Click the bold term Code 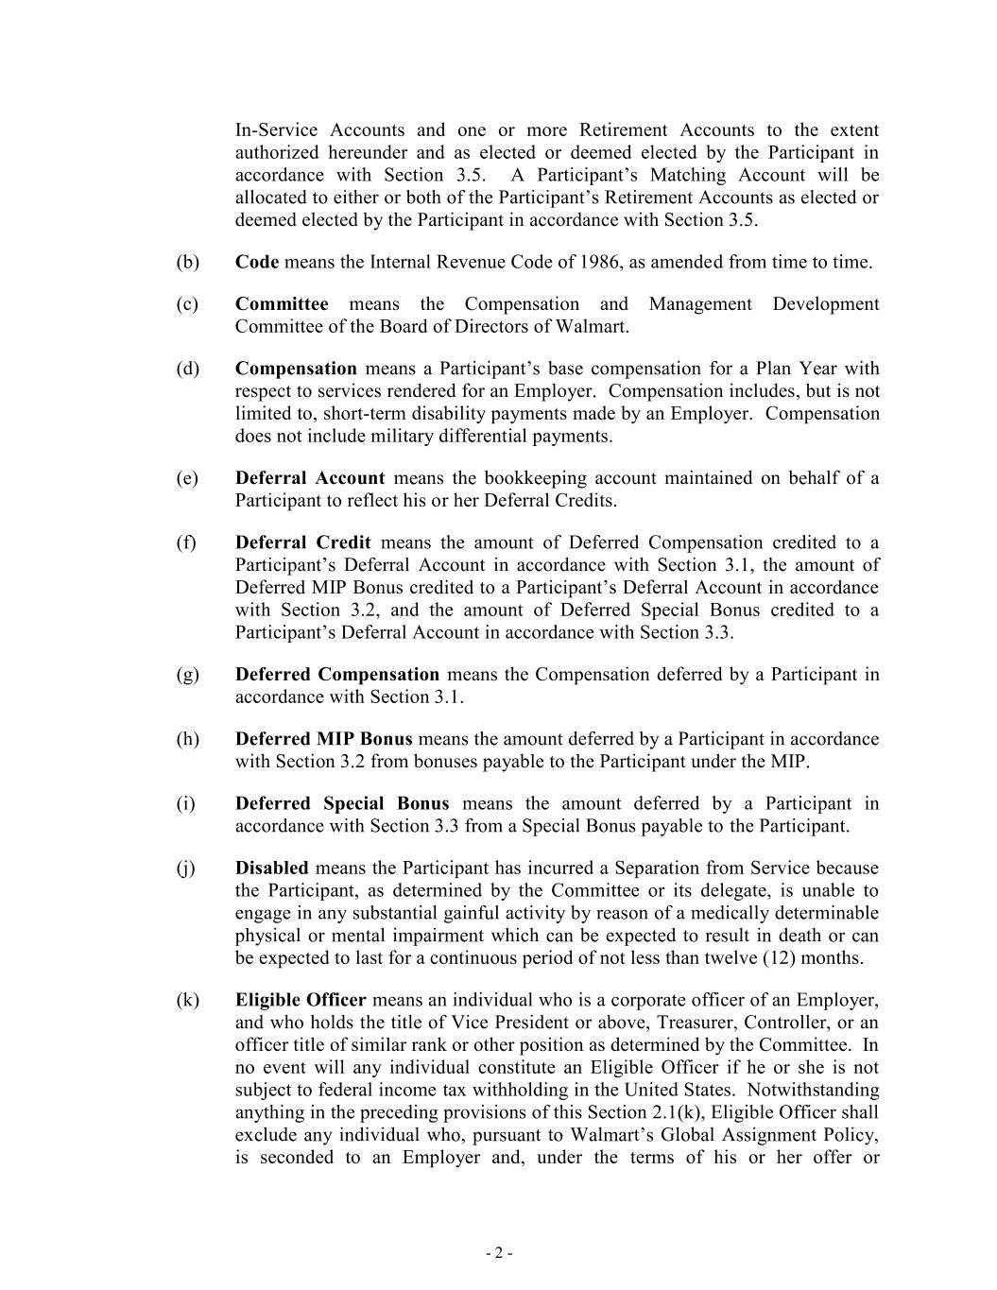(257, 263)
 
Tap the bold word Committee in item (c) (282, 304)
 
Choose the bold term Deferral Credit (302, 542)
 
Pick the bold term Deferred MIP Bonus (323, 739)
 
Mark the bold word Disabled (271, 868)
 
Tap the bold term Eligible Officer (301, 1000)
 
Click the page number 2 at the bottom (499, 1254)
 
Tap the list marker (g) (187, 675)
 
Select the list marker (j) (186, 868)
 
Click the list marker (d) (187, 369)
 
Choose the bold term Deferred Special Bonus (342, 803)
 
